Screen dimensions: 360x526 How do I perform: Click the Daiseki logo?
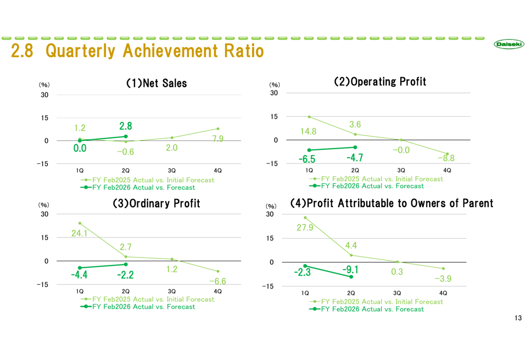pos(509,45)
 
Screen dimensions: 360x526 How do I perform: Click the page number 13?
pos(518,318)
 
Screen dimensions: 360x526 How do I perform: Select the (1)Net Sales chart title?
pos(156,83)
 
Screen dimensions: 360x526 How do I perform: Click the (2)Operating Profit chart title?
pos(380,81)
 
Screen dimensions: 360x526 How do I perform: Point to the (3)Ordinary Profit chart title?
pos(156,203)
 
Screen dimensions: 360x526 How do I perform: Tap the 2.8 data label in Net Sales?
pos(126,126)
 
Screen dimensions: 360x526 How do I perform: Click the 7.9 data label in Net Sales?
pos(218,139)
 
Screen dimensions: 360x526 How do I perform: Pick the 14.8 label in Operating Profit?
pos(309,131)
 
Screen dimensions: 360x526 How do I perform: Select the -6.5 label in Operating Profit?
pos(307,159)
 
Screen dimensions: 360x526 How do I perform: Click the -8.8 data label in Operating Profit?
pos(446,158)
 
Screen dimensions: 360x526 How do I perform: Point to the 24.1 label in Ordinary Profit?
pos(80,233)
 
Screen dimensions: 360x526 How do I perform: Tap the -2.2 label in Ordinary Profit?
pos(125,275)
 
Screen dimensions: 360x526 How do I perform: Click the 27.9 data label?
pos(305,228)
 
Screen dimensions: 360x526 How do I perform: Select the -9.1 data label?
pos(351,270)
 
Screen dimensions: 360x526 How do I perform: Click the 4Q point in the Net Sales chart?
pos(218,129)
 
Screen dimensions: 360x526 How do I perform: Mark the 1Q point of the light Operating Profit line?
pos(309,117)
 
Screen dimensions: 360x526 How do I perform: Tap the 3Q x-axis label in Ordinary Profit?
pos(171,291)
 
